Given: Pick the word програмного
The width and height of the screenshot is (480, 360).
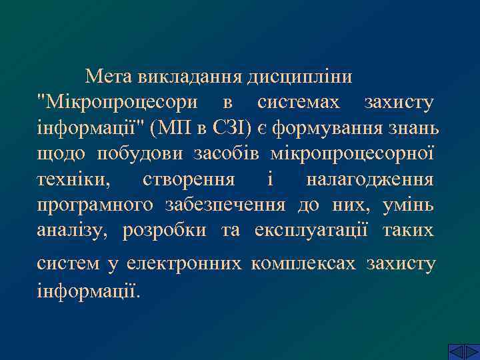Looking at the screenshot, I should click(x=95, y=205).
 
